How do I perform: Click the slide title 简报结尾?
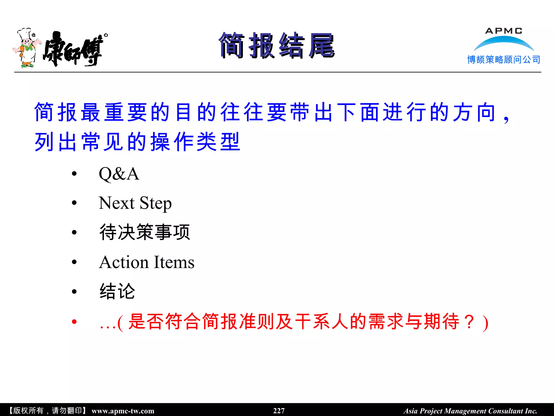[277, 45]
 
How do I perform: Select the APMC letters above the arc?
[504, 31]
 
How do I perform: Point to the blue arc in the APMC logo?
[504, 42]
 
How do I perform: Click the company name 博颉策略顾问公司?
[504, 60]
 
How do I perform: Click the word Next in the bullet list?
[117, 203]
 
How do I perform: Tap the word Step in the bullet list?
[156, 203]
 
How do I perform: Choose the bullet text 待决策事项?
[145, 232]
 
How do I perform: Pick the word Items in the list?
[174, 262]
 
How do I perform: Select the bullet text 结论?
[117, 291]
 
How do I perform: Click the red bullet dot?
[74, 321]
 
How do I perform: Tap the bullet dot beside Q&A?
[74, 174]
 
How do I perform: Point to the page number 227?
[279, 411]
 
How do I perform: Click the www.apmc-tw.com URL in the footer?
[123, 411]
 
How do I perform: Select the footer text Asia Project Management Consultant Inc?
[470, 411]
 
